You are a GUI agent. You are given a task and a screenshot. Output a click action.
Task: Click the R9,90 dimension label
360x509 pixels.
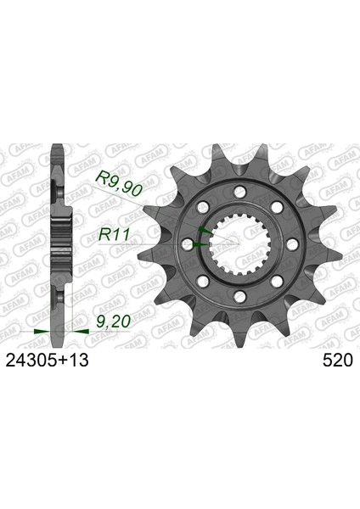[x=118, y=184]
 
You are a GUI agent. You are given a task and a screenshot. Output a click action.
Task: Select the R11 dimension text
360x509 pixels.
[x=114, y=234]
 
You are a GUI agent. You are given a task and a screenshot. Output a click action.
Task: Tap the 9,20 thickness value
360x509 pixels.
[x=114, y=322]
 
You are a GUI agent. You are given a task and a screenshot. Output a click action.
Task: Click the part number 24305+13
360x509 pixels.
[x=47, y=360]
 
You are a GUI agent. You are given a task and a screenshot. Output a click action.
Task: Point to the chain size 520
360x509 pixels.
[x=338, y=360]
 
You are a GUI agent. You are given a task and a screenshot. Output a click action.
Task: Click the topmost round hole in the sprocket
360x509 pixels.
[x=240, y=191]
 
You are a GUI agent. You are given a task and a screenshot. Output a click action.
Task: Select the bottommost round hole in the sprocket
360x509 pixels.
[x=240, y=296]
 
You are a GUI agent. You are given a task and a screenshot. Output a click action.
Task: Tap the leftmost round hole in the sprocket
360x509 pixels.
[x=188, y=244]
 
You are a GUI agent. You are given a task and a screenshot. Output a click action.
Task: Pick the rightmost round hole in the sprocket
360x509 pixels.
[x=293, y=243]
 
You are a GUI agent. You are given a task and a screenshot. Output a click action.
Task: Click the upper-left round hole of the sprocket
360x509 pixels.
[x=203, y=207]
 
